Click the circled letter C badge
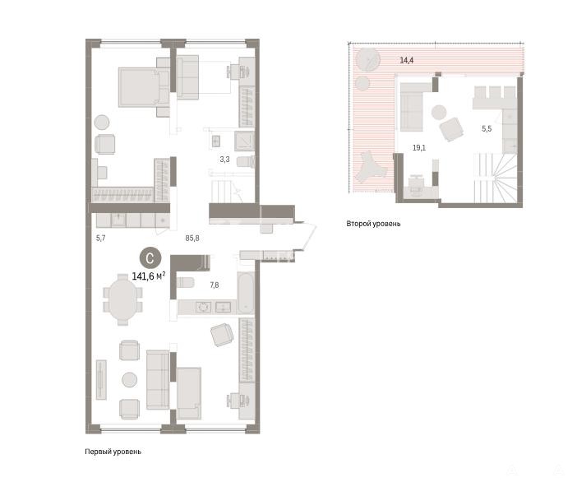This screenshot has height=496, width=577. coord(150,257)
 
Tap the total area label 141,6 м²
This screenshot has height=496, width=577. coord(149,276)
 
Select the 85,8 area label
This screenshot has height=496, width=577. coord(192,239)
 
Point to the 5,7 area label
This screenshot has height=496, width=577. coord(100,239)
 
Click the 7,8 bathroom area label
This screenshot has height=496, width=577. coord(215,285)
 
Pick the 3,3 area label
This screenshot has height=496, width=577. coord(225,160)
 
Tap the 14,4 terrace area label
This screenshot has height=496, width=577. coord(406,60)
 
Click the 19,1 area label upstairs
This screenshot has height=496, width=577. coord(419,148)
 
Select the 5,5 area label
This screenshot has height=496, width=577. coord(487,128)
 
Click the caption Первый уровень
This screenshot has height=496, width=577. coord(113,452)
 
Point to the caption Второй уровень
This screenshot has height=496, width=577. coord(373,224)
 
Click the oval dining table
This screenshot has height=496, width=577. coord(122,299)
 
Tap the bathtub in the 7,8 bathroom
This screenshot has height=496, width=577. coord(246,293)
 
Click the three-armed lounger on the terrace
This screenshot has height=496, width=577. coord(369,168)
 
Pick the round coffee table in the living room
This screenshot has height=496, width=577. coord(130,380)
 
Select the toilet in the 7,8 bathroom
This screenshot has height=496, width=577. coord(185,282)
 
